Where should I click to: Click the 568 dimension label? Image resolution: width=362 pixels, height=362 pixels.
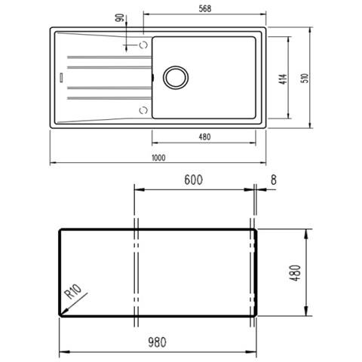[205, 8]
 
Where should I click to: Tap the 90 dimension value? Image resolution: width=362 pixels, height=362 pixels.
[120, 17]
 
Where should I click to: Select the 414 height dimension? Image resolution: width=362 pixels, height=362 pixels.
[283, 79]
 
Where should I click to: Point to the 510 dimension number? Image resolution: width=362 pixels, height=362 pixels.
[305, 78]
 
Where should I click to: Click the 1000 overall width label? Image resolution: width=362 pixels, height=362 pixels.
[158, 158]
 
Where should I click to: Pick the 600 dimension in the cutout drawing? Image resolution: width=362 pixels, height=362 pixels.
[193, 179]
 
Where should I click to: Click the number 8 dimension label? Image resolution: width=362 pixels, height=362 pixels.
[274, 179]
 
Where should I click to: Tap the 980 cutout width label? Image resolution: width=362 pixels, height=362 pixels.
[157, 342]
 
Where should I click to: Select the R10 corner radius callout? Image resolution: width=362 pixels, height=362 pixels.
[73, 292]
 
